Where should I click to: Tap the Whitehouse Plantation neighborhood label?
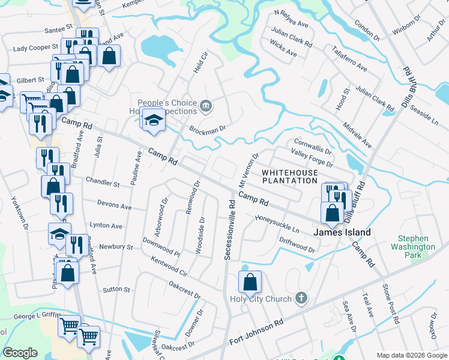pos(289,176)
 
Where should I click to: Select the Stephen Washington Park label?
pos(412,242)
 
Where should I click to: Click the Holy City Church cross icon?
pos(301,298)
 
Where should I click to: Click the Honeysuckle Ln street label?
pos(277,224)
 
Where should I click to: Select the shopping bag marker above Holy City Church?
pos(250,281)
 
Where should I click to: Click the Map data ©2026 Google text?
pos(411,355)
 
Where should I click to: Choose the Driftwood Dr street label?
pos(297,244)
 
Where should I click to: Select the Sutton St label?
pos(116,289)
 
